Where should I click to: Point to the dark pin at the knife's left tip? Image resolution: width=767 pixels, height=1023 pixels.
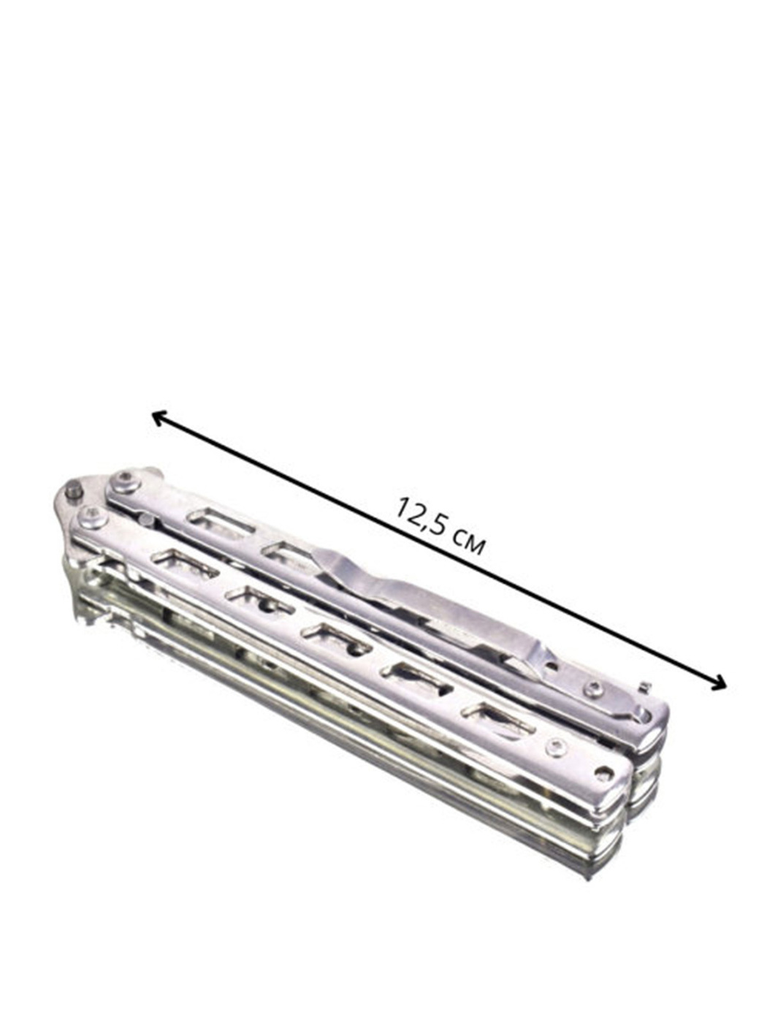[73, 491]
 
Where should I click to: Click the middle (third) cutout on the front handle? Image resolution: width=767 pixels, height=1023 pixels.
[336, 636]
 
